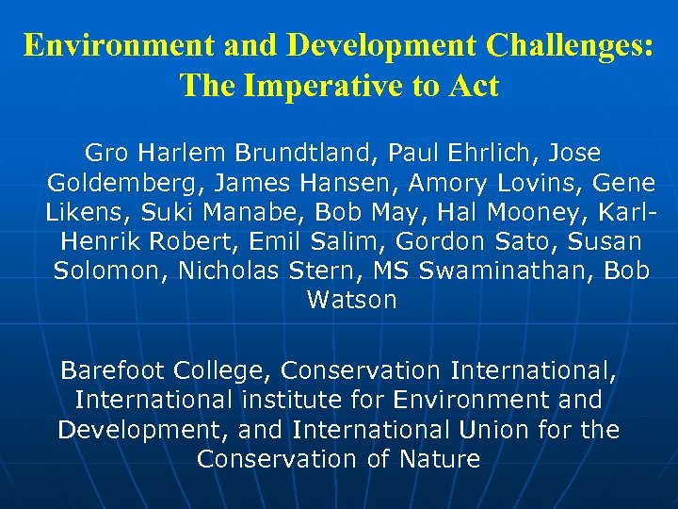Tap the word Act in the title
[x=475, y=86]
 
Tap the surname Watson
[x=351, y=301]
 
